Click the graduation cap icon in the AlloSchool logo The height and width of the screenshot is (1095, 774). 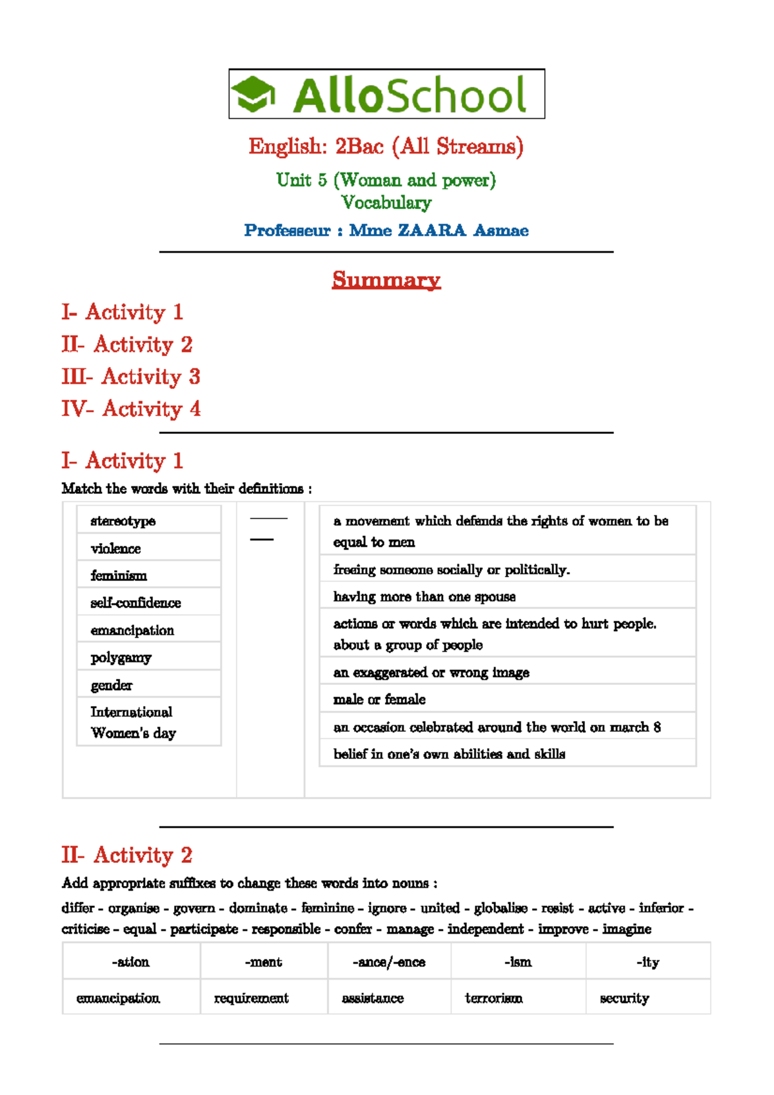(253, 94)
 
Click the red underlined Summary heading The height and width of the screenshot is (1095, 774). (386, 280)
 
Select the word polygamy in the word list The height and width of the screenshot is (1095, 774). (121, 658)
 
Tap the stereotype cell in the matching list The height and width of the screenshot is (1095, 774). (123, 521)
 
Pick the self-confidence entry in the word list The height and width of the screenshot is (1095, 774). (135, 603)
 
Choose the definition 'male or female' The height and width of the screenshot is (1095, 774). (379, 700)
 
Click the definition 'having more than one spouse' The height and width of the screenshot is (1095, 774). (424, 597)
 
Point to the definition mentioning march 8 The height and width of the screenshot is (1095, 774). (497, 727)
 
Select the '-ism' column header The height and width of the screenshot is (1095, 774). (518, 962)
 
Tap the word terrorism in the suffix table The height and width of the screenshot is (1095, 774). (494, 998)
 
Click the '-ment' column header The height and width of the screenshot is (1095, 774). (263, 962)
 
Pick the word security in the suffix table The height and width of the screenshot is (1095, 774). (624, 998)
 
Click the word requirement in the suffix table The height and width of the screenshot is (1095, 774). (252, 998)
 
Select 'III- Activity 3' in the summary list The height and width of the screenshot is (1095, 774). (131, 377)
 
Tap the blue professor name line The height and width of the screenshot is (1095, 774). (386, 230)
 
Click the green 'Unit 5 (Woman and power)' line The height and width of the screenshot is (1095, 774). (386, 180)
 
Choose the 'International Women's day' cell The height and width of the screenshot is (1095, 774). (133, 722)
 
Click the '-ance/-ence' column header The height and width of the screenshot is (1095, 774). (389, 962)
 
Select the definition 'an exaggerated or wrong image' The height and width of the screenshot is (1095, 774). (431, 673)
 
